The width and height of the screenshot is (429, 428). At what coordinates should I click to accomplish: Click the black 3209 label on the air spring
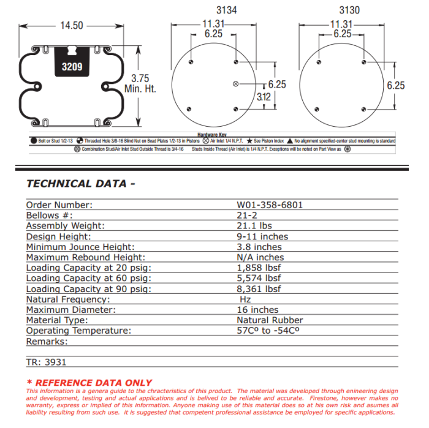(x=72, y=66)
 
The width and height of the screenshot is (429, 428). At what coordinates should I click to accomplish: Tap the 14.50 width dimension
(x=72, y=26)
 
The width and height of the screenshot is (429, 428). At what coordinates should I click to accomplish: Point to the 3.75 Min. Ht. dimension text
(x=140, y=83)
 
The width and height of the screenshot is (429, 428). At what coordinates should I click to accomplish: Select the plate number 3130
(x=349, y=10)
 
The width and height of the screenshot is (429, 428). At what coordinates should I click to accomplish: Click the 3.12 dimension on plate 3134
(x=264, y=97)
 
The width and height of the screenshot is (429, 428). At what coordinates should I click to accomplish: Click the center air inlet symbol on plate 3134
(x=237, y=84)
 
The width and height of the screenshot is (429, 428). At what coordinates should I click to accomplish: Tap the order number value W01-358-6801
(x=270, y=205)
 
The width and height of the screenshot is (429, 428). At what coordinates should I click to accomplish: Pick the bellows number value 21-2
(x=248, y=216)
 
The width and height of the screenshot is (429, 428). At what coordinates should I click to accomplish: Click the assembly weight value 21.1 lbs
(x=255, y=226)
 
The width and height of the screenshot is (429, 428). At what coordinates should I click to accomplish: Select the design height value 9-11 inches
(x=262, y=236)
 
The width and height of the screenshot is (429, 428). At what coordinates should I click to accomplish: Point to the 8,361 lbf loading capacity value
(x=259, y=289)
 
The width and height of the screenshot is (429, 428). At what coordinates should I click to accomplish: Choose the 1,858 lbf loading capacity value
(x=259, y=268)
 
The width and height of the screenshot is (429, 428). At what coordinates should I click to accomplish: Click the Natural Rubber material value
(x=270, y=320)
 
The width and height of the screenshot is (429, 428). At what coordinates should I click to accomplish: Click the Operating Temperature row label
(x=78, y=331)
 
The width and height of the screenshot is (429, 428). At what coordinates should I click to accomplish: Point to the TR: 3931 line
(x=47, y=362)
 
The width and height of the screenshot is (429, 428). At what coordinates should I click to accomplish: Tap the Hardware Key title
(x=211, y=134)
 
